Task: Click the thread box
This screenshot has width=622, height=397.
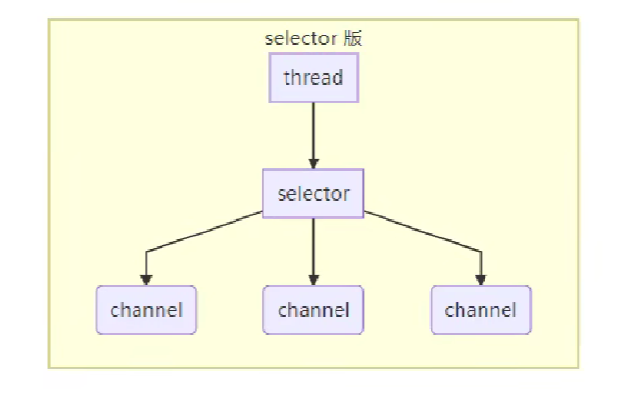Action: pyautogui.click(x=313, y=78)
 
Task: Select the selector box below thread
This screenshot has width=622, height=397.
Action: pyautogui.click(x=313, y=194)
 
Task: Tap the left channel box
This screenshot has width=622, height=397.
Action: pyautogui.click(x=146, y=310)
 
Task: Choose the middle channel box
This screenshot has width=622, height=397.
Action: pyautogui.click(x=313, y=310)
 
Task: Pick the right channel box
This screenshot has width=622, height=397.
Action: pyautogui.click(x=481, y=310)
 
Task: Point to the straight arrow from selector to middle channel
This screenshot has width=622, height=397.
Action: pyautogui.click(x=313, y=245)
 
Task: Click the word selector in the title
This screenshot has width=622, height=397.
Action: pyautogui.click(x=300, y=39)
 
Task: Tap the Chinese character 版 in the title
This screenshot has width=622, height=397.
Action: pyautogui.click(x=354, y=39)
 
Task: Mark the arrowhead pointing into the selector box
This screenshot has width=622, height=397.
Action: pyautogui.click(x=313, y=163)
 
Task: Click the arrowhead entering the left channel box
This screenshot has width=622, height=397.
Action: pyautogui.click(x=146, y=280)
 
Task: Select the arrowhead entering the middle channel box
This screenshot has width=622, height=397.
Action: pyautogui.click(x=313, y=280)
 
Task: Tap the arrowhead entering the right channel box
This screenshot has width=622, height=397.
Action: pyautogui.click(x=481, y=280)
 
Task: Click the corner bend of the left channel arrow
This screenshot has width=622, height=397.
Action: pyautogui.click(x=146, y=252)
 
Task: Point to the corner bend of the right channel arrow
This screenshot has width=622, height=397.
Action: pyautogui.click(x=481, y=252)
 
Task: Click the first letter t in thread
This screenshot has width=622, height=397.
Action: pyautogui.click(x=286, y=78)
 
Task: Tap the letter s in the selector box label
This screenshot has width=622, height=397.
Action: pyautogui.click(x=282, y=195)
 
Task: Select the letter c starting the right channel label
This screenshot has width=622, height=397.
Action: pyautogui.click(x=449, y=311)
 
